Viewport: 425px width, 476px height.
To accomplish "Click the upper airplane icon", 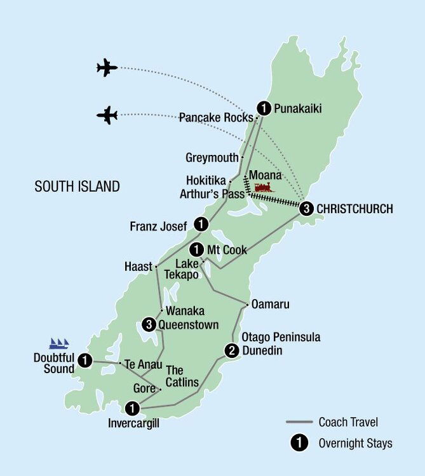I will [107, 67].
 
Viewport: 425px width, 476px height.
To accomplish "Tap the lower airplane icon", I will [107, 115].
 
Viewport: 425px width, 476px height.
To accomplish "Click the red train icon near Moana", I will [264, 187].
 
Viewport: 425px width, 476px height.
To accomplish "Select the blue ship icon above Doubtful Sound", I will [58, 344].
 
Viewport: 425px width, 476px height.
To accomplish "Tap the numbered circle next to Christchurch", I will [307, 208].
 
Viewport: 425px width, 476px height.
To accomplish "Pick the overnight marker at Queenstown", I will [149, 324].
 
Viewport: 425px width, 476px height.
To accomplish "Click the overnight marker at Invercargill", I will [132, 407].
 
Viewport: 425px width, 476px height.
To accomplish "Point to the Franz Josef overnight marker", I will [201, 224].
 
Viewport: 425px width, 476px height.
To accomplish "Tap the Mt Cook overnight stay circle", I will [197, 249].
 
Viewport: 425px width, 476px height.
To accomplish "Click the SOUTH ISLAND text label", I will [77, 187].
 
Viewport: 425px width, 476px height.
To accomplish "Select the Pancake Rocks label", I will [216, 117].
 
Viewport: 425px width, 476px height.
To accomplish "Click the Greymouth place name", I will [212, 157].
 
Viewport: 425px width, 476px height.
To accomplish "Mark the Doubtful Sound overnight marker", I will [84, 362].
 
